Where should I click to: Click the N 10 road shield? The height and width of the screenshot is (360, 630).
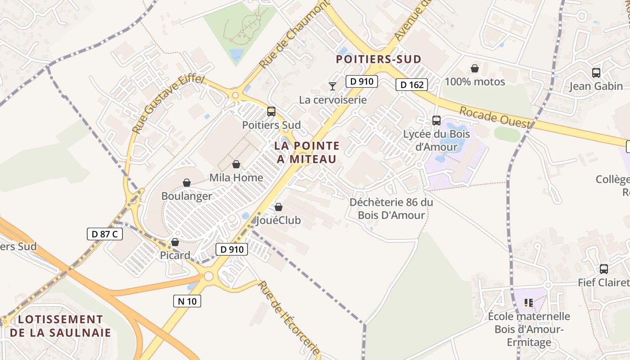point(187,301)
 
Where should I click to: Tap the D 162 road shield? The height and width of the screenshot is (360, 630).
point(412,85)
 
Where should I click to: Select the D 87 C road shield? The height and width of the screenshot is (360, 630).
point(104,234)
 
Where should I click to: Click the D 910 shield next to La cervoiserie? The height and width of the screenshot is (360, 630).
point(361,81)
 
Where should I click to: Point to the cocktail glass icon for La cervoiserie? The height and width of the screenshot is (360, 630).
point(333,86)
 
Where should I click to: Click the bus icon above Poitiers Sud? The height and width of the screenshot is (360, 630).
point(271,111)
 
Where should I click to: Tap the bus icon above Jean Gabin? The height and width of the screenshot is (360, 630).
point(596,72)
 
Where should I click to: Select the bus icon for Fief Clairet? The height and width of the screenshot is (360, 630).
point(604,269)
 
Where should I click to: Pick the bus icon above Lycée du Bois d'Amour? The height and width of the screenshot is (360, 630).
point(436,120)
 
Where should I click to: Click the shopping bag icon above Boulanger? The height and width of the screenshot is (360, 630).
point(187,183)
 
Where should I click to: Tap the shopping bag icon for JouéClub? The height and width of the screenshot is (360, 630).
point(279,207)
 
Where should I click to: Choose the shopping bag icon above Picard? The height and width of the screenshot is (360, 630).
point(175,242)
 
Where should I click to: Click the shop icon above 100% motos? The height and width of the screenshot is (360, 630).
point(474,68)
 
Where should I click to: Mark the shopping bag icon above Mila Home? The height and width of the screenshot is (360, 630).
point(236,164)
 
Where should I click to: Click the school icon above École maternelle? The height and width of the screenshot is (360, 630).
point(528,303)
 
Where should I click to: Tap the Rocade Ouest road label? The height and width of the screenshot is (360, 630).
point(494,118)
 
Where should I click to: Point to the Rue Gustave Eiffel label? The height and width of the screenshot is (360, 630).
point(169,103)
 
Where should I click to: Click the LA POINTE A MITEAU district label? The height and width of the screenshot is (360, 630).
point(307,152)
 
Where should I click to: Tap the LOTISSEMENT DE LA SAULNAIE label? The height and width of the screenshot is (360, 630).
point(60,326)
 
